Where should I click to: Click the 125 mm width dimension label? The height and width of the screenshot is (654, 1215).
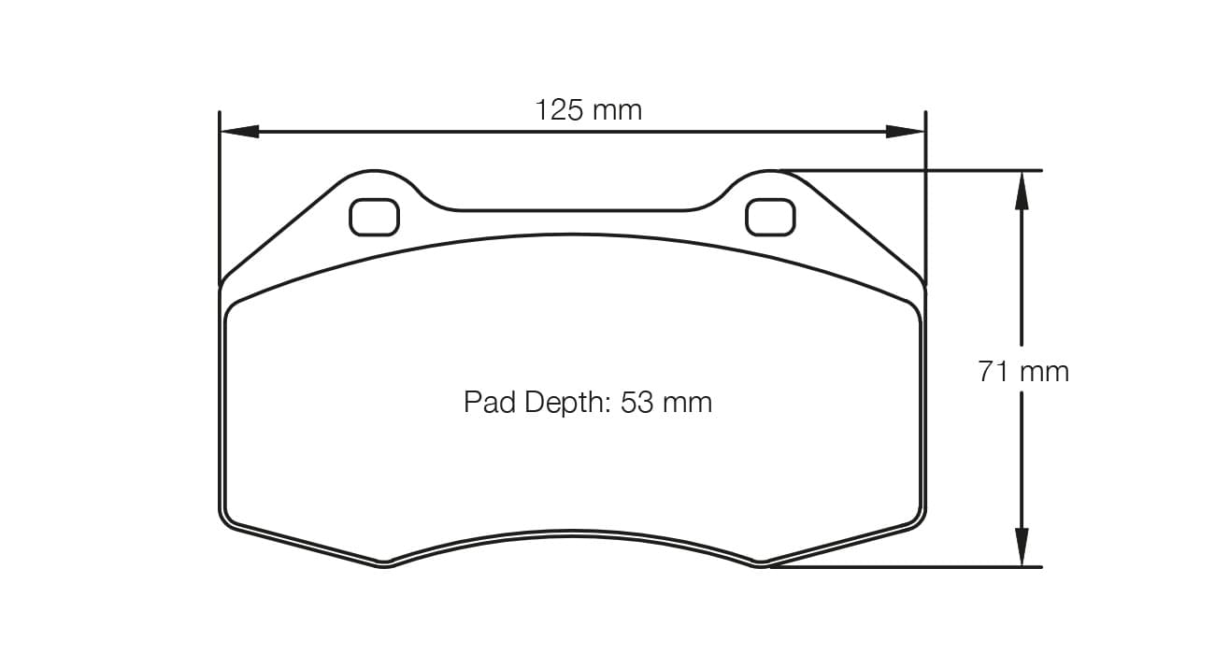tap(588, 110)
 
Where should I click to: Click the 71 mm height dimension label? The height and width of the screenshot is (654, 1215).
tap(1023, 372)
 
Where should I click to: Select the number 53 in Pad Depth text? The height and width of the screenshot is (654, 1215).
tap(636, 403)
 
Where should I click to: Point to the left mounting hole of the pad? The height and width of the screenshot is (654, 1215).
tap(374, 218)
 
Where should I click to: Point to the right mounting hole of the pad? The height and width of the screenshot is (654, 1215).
tap(770, 218)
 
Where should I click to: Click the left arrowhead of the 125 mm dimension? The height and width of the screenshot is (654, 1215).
tap(239, 132)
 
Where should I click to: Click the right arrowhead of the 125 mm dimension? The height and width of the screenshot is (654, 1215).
tap(905, 132)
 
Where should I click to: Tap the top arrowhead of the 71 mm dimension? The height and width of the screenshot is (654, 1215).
tap(1022, 191)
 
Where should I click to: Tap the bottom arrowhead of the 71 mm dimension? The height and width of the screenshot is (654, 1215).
tap(1022, 547)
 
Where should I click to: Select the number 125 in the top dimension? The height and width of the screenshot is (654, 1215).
tap(559, 110)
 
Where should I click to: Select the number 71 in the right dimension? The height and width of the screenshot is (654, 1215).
tap(994, 372)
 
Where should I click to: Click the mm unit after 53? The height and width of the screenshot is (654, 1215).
tap(687, 403)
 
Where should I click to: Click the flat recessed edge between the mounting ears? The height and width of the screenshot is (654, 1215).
tap(572, 209)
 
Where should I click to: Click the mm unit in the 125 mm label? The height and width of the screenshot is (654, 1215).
tap(617, 110)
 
